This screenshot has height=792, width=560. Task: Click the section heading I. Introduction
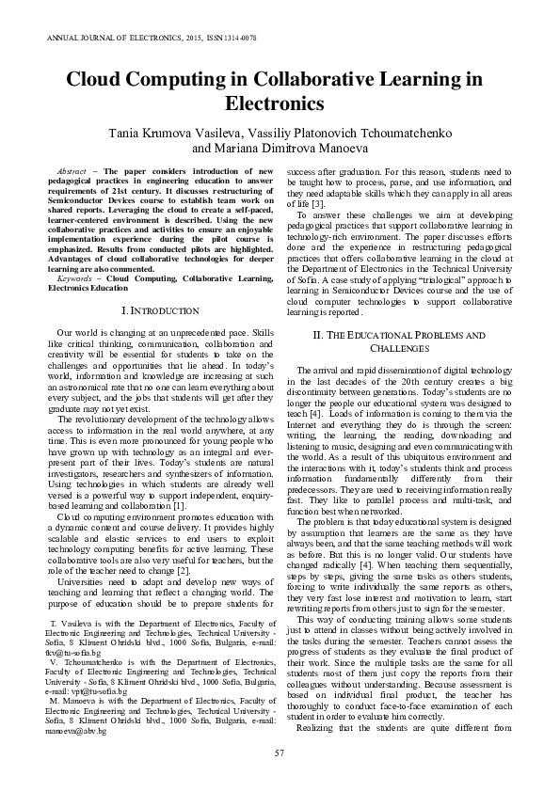point(161,309)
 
